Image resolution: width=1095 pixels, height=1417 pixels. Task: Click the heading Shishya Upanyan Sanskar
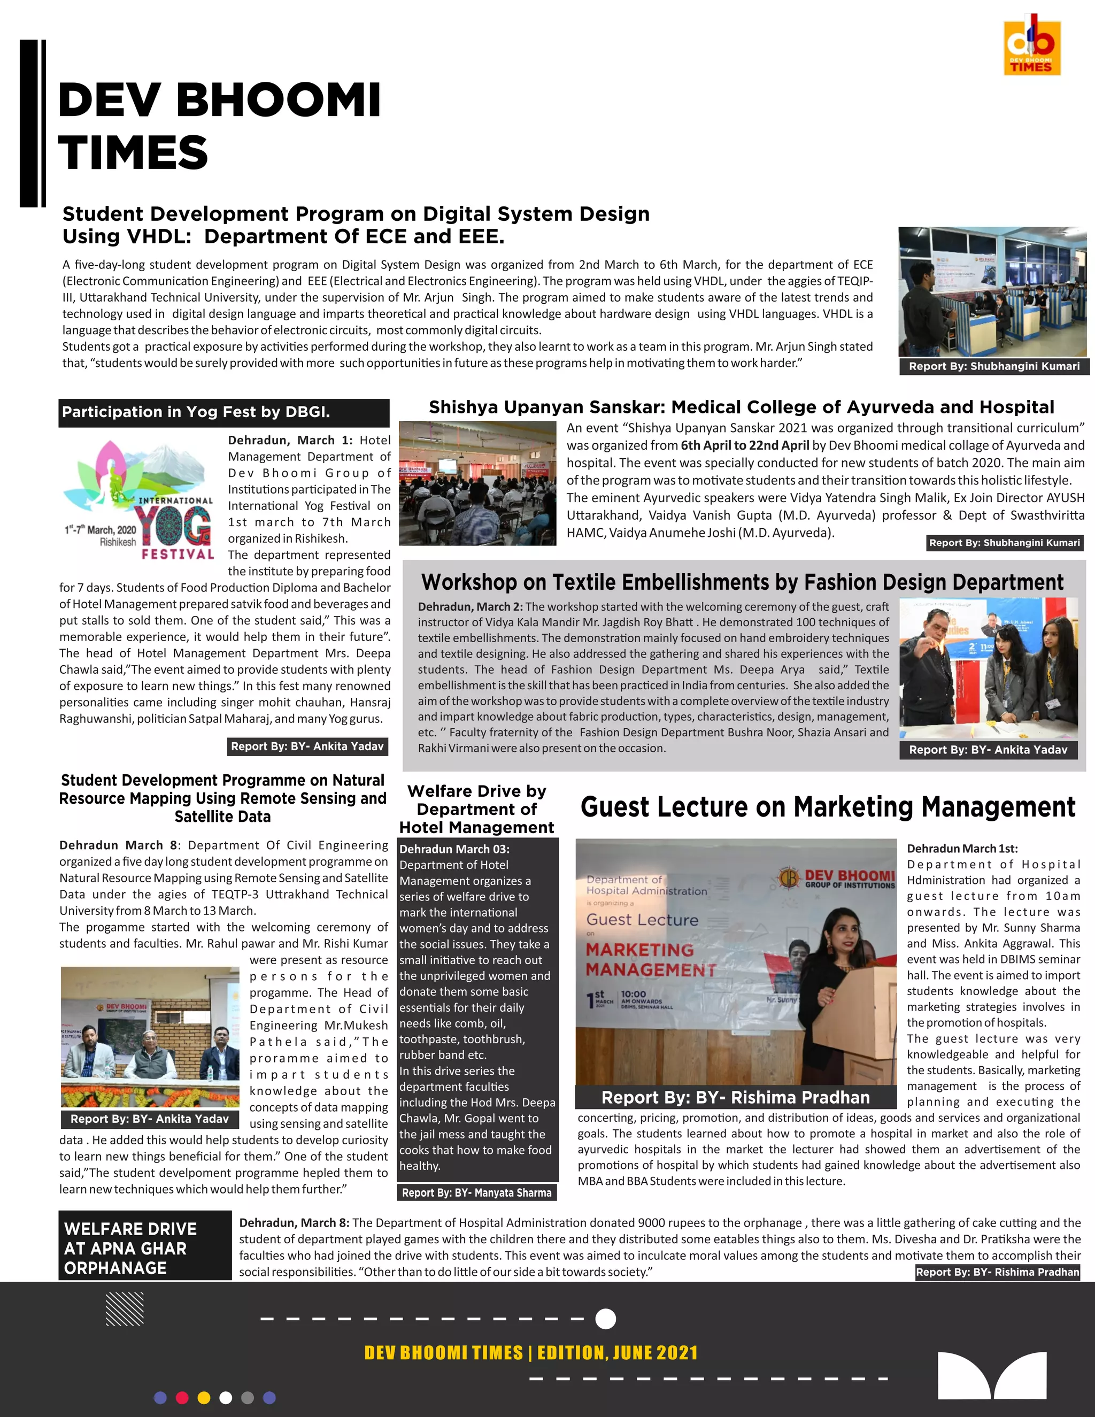click(741, 407)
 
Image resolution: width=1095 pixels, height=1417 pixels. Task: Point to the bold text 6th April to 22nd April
click(745, 445)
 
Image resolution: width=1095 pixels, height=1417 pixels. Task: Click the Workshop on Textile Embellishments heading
click(742, 582)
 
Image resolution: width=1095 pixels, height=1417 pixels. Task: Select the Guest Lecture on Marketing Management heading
click(828, 807)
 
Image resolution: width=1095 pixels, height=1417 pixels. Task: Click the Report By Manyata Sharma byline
click(476, 1192)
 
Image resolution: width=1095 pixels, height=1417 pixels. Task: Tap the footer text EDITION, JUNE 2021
click(618, 1353)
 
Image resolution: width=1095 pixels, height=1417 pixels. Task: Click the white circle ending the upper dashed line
click(605, 1319)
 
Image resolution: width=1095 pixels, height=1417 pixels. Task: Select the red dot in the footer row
click(182, 1398)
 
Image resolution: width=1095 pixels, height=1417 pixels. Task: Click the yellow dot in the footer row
click(204, 1398)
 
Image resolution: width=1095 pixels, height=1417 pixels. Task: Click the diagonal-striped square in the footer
click(125, 1308)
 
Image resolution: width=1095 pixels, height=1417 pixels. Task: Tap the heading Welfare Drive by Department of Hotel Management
click(476, 809)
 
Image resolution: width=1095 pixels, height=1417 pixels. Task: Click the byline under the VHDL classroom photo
click(994, 366)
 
